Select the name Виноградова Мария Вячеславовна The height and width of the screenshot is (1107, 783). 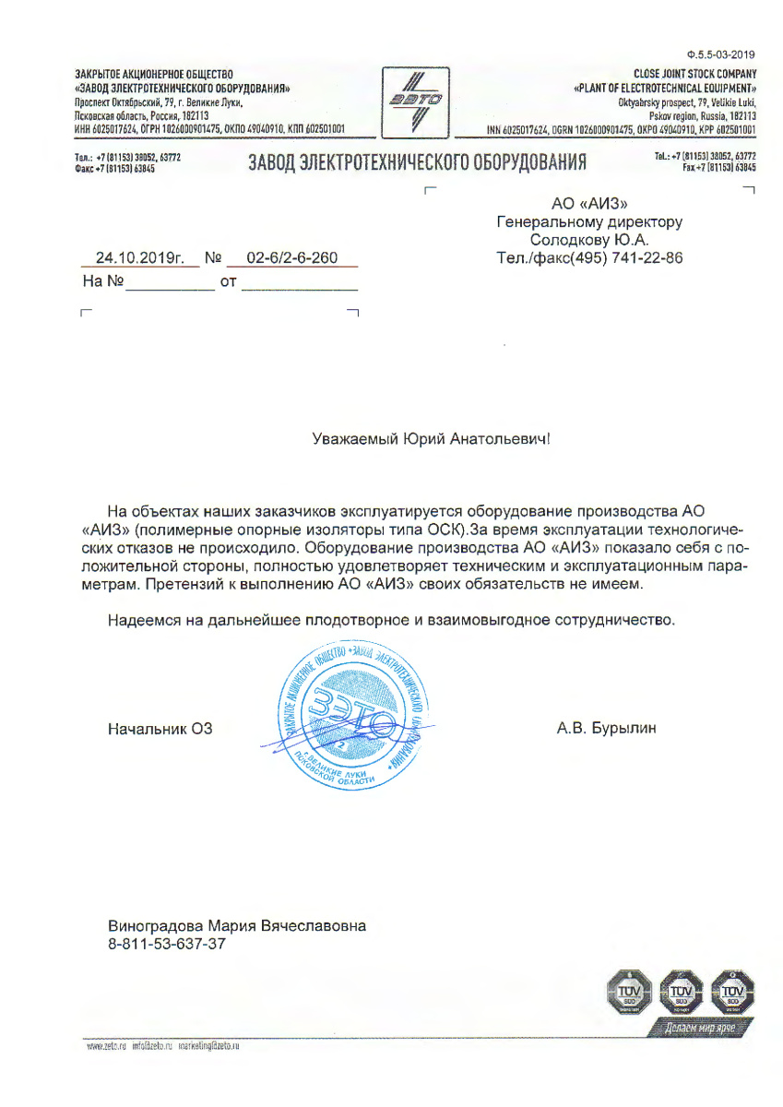click(x=237, y=925)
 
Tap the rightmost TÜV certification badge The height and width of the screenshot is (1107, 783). click(x=734, y=993)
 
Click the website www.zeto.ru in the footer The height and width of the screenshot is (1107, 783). click(x=104, y=1047)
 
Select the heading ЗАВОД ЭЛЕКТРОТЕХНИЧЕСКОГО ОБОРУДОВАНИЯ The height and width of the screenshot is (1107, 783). click(x=418, y=164)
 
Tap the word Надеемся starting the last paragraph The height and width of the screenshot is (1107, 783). click(x=141, y=620)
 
